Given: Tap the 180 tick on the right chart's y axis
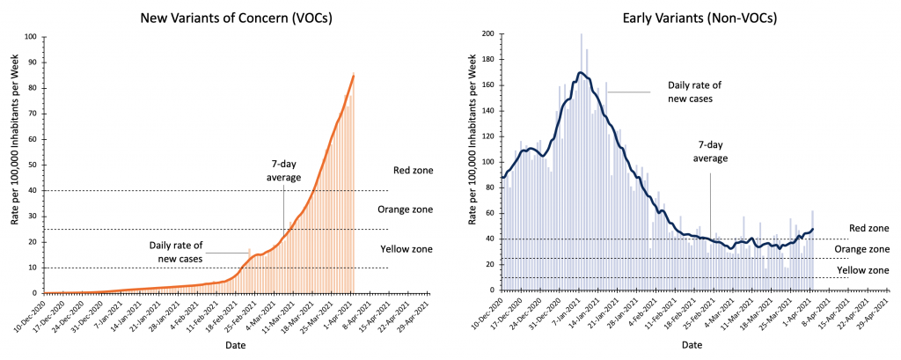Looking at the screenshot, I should point(487,62).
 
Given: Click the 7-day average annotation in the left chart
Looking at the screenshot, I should point(284,170).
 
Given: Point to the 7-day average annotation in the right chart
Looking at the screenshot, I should point(711,151).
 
